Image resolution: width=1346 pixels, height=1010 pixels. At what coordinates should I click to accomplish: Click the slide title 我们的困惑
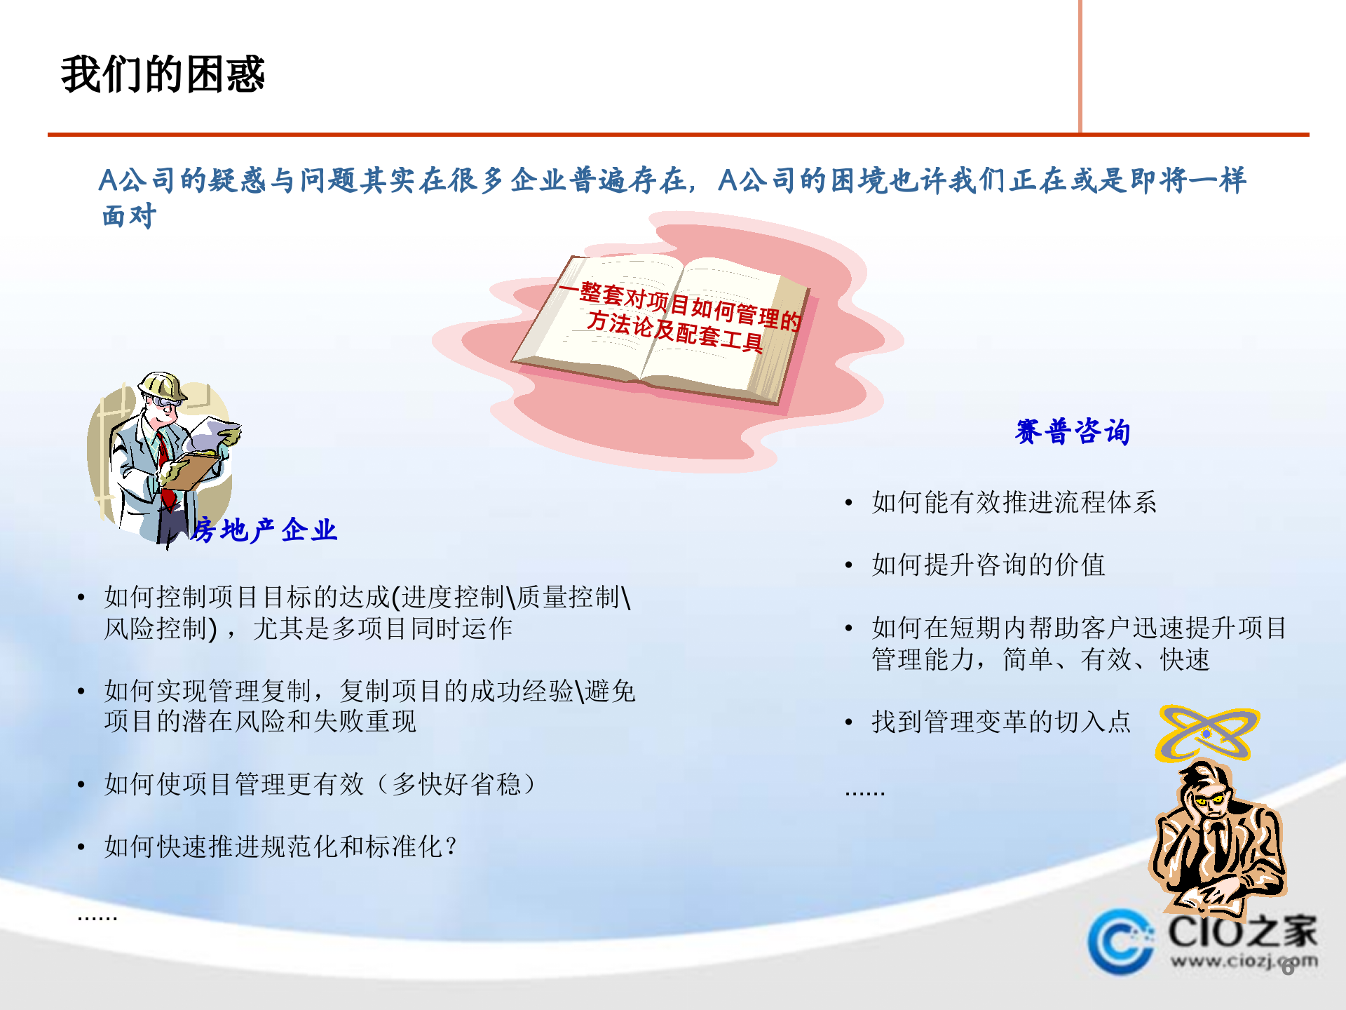[163, 74]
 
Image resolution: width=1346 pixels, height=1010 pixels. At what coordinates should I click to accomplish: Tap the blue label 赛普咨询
[1072, 431]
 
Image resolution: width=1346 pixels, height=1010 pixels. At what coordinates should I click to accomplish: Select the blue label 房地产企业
[264, 530]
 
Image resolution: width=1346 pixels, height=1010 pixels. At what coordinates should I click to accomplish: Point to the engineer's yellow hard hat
[163, 386]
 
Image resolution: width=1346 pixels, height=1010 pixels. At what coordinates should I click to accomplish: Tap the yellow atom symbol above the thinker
[1206, 733]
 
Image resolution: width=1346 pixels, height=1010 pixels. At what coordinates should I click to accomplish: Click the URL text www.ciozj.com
[1242, 961]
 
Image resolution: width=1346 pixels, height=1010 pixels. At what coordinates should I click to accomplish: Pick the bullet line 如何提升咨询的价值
[988, 565]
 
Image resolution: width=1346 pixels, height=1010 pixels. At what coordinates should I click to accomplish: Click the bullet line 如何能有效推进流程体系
[1014, 502]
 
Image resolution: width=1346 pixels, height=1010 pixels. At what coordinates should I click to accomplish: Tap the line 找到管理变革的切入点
[1001, 722]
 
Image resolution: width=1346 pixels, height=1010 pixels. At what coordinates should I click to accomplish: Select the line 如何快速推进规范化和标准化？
[280, 847]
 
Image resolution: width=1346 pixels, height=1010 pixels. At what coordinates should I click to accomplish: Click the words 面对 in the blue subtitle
[129, 216]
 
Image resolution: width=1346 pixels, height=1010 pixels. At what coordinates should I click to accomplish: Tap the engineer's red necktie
[165, 463]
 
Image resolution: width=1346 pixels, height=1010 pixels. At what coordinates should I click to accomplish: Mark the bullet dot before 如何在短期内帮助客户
[849, 628]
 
